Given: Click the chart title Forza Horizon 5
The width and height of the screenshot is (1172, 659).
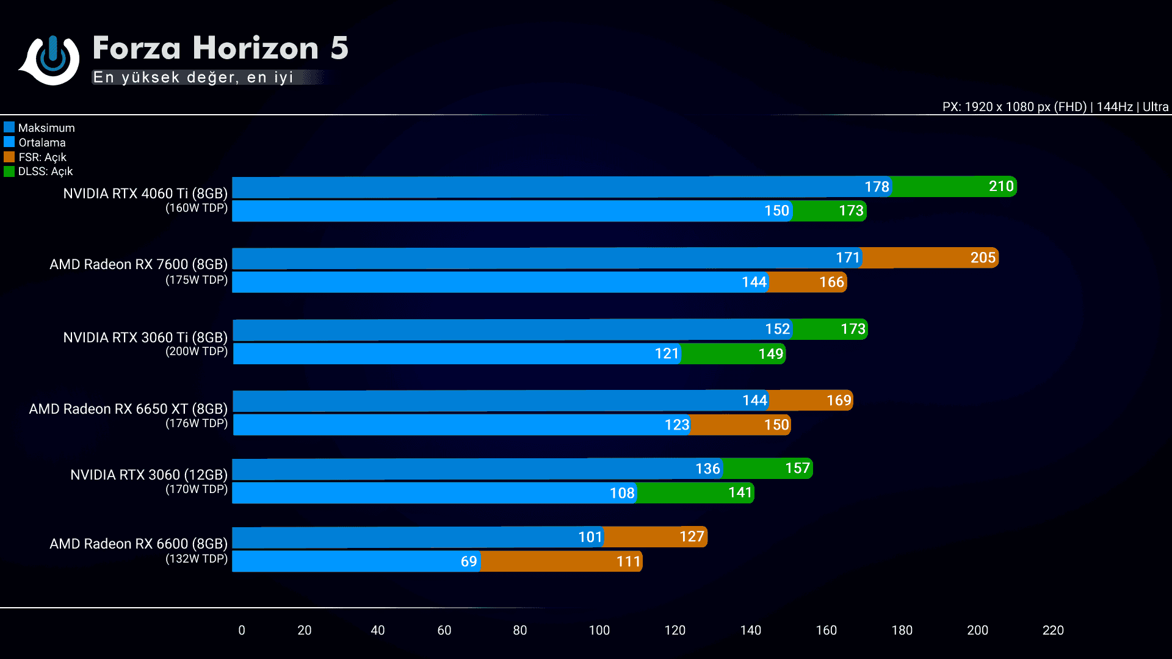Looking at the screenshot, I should (220, 48).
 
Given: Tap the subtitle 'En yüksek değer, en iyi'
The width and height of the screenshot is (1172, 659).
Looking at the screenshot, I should (194, 77).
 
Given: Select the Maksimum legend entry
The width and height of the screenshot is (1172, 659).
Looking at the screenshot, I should (46, 128).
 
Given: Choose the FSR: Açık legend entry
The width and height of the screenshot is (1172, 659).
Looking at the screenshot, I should (42, 157).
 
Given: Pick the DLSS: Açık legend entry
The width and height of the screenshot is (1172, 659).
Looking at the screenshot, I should (45, 171).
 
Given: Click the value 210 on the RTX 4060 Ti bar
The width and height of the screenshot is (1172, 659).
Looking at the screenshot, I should (1001, 186).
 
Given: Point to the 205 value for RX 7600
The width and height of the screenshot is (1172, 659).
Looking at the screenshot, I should (983, 257).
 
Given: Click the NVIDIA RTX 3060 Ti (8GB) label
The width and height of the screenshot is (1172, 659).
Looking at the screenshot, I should (145, 337).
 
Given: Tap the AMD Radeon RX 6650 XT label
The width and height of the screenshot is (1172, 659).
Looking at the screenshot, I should (128, 409).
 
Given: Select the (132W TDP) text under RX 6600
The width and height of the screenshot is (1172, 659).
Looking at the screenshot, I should (197, 558).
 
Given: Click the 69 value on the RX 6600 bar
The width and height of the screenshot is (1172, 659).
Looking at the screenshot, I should (469, 561).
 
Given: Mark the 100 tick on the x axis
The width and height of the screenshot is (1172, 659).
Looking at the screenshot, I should (599, 630).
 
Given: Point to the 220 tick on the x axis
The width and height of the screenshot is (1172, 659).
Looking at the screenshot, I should (1053, 630).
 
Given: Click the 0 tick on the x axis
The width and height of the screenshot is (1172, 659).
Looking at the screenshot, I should (242, 630).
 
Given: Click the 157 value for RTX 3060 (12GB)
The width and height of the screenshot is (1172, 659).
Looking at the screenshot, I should (797, 468).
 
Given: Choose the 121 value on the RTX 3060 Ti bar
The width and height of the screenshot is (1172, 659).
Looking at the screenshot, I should (667, 353).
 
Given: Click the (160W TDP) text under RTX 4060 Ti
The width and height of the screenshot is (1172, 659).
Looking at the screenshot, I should (197, 208).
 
